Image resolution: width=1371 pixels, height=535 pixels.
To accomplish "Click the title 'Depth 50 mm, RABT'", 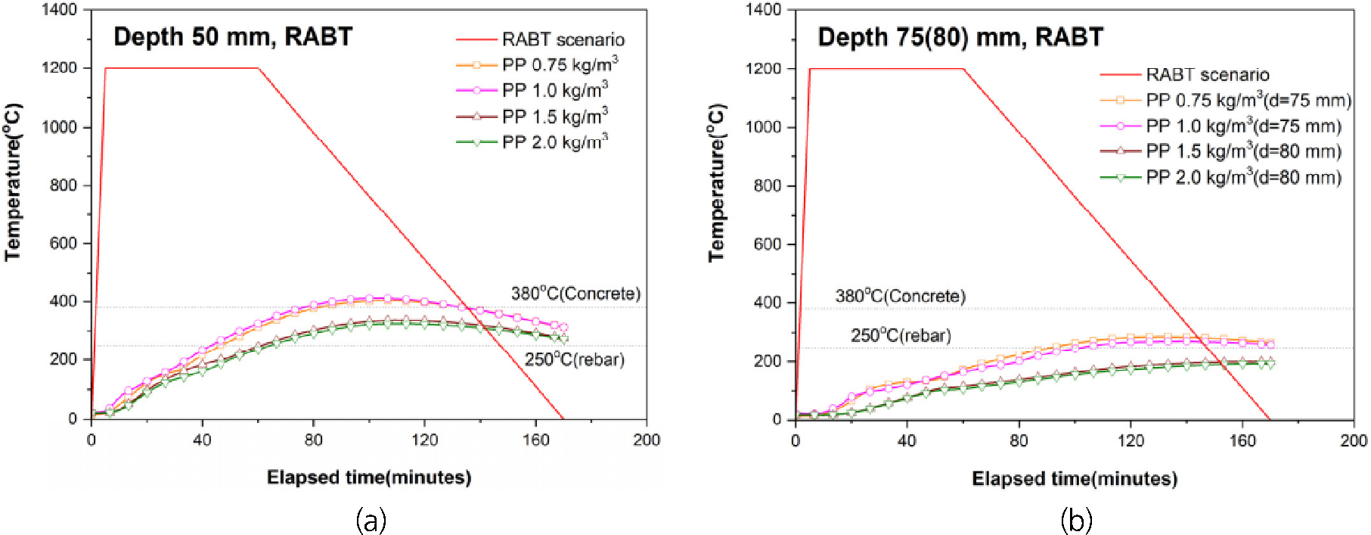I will [233, 36].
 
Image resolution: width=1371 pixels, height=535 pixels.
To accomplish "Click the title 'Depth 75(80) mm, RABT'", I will [960, 37].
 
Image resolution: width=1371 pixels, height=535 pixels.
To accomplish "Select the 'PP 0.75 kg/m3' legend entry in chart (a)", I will [559, 65].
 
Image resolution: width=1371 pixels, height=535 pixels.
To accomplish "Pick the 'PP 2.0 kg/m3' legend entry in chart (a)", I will [554, 142].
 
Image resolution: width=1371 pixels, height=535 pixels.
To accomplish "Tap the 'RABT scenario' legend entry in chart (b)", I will [1207, 75].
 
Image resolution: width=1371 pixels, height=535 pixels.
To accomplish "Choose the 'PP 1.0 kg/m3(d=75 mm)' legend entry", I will [1243, 126].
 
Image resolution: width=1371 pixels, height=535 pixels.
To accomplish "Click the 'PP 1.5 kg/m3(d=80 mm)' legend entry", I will [1243, 151].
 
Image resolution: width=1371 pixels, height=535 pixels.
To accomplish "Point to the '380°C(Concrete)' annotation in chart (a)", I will [575, 294].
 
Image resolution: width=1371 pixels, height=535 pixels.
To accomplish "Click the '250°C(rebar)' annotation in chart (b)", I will [901, 335].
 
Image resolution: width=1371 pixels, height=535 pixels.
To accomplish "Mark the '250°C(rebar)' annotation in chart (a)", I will [575, 359].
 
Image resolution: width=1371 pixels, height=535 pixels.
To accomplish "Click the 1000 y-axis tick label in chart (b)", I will [765, 127].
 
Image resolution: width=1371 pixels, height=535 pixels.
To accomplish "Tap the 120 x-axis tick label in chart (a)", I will [424, 440].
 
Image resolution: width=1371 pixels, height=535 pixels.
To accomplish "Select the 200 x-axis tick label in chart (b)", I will [1353, 441].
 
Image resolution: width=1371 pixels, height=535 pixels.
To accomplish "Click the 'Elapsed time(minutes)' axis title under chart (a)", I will [369, 477].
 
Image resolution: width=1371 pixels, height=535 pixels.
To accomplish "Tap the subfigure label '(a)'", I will [371, 521].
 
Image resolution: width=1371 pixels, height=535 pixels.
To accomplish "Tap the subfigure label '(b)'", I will [1076, 521].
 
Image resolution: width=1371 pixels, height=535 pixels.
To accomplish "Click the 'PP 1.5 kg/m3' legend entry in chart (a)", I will [554, 117].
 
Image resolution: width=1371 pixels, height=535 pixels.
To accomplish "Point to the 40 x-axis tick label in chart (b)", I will [906, 441].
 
